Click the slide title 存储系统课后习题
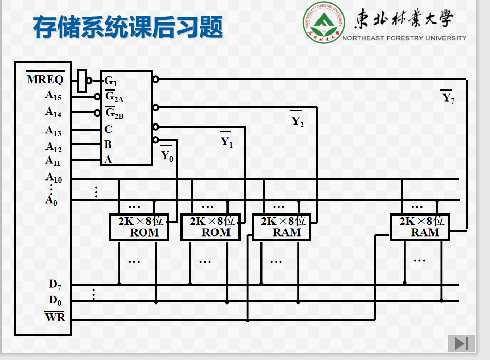(x=128, y=27)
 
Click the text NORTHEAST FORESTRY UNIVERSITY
(x=404, y=38)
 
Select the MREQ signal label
(x=45, y=80)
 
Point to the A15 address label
(x=53, y=96)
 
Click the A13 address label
(x=53, y=130)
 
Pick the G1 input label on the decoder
(x=110, y=81)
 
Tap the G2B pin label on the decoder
(x=114, y=113)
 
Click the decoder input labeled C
(x=108, y=129)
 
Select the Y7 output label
(x=448, y=97)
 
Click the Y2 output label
(x=297, y=121)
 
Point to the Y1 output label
(x=226, y=141)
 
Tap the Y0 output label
(x=166, y=155)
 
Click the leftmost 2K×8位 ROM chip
(x=139, y=227)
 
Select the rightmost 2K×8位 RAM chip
(x=419, y=227)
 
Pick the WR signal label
(x=55, y=317)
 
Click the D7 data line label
(x=55, y=285)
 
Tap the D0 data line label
(x=55, y=300)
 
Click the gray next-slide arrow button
(x=461, y=343)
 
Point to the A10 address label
(x=53, y=178)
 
